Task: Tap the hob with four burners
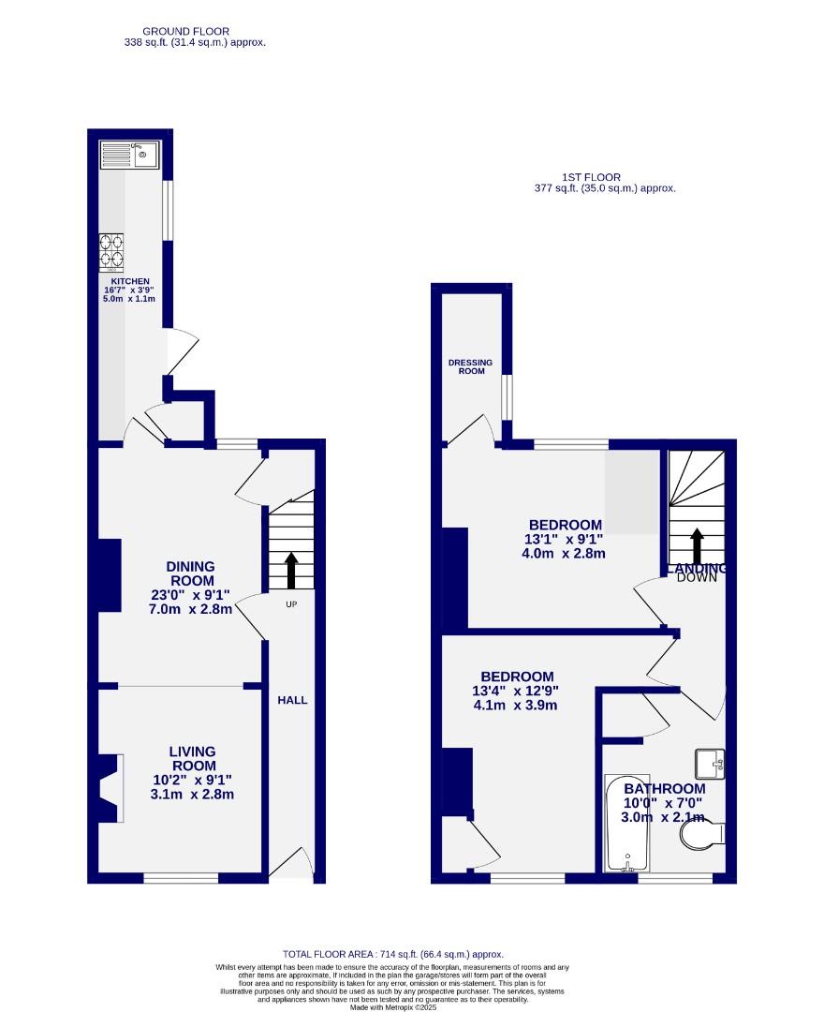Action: point(111,252)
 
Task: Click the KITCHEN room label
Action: point(130,281)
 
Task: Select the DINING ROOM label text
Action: point(190,573)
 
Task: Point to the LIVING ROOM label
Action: point(192,759)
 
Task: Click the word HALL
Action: point(291,700)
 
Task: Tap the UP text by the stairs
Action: point(290,604)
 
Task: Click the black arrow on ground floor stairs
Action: point(290,569)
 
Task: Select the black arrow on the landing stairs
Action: point(697,547)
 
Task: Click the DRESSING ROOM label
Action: point(471,366)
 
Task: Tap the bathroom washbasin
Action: point(709,764)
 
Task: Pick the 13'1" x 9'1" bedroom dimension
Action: point(565,540)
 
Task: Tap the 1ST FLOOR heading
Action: point(591,177)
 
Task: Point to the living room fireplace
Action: point(109,788)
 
